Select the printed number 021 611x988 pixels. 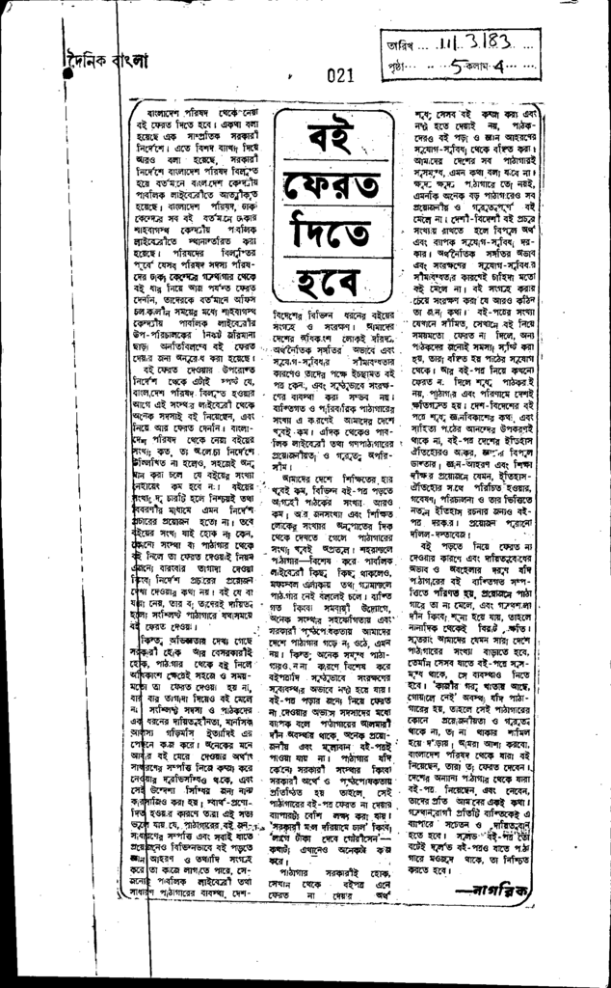(341, 73)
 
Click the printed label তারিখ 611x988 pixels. (396, 45)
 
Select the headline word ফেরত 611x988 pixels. (328, 194)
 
